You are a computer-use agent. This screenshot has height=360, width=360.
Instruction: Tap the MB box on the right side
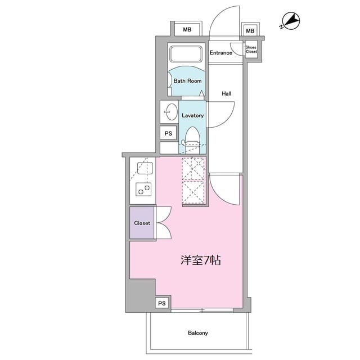250,31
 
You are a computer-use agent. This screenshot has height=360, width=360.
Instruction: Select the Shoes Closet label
251,49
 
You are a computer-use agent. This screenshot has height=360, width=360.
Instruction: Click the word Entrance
221,53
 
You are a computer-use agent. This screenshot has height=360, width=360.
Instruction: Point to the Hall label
227,93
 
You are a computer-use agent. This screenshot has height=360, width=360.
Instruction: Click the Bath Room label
187,80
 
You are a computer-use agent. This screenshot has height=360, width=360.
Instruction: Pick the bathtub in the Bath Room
186,55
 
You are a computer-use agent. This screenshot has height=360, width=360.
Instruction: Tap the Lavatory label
192,115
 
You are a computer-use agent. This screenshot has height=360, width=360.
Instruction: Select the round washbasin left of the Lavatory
168,111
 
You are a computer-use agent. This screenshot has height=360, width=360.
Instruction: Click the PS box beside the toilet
168,133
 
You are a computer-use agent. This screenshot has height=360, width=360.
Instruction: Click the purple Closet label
142,223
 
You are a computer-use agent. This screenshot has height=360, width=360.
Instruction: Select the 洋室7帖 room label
200,260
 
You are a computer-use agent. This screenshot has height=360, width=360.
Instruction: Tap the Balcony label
197,333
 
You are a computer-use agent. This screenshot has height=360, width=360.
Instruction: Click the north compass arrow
291,22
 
